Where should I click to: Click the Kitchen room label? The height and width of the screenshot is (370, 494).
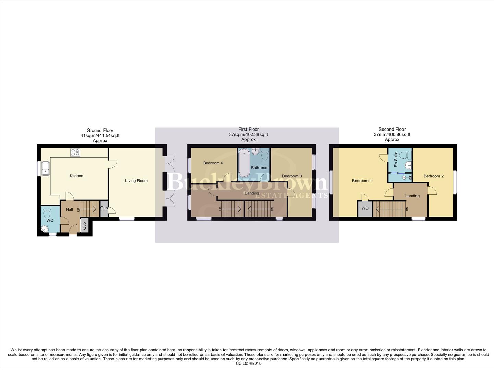pos(76,176)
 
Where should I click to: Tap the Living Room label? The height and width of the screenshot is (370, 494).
pos(136,181)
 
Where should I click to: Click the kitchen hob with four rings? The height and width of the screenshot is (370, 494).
pos(75,152)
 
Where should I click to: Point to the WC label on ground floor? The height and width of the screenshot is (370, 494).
pos(50,220)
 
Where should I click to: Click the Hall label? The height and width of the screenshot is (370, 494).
pos(69,209)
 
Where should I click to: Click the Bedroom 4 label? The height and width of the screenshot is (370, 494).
pos(213,163)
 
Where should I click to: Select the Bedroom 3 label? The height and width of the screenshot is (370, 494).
pos(292,176)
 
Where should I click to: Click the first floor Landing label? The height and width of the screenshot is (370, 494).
pos(252,193)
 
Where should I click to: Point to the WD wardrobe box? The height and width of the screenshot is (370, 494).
pos(365,208)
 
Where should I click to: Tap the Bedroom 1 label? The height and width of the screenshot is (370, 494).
pos(362,181)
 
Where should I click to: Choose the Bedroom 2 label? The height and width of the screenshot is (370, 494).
pos(433,176)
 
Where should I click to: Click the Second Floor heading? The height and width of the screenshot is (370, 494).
pos(392,129)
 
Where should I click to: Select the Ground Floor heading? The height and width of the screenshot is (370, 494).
pos(100,130)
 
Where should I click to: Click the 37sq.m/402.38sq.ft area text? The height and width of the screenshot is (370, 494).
pos(249,135)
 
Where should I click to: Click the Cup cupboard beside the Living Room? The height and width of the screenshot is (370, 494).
pos(104,208)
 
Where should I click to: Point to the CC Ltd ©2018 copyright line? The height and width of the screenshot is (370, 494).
pos(249,363)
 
